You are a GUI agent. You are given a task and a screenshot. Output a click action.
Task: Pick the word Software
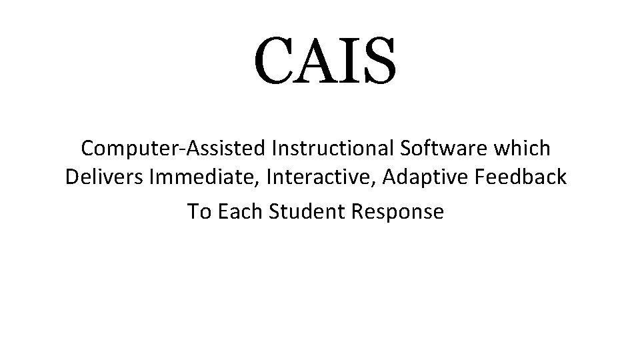pyautogui.click(x=431, y=148)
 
